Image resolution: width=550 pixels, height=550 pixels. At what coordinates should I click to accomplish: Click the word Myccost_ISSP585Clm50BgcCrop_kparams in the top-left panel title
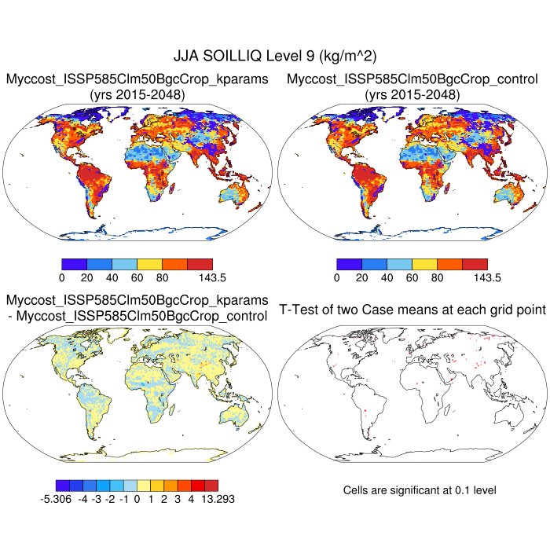(x=137, y=79)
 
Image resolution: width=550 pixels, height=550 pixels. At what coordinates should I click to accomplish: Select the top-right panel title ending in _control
(x=412, y=79)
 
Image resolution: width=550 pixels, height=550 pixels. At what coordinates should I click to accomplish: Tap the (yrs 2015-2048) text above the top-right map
(x=412, y=94)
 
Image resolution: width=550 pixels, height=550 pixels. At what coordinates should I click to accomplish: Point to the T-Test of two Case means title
(x=412, y=310)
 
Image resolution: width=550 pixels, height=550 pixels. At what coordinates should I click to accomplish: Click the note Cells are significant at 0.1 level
(x=420, y=490)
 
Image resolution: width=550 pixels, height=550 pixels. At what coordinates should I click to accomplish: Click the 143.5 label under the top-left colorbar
(x=200, y=277)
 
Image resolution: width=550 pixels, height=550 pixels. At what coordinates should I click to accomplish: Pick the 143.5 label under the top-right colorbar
(x=475, y=277)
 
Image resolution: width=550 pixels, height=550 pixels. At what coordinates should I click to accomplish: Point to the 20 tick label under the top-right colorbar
(x=361, y=277)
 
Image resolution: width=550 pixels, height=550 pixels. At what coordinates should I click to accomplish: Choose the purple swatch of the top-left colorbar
(x=74, y=264)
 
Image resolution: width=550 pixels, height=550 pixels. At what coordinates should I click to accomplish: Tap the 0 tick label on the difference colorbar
(x=137, y=498)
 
